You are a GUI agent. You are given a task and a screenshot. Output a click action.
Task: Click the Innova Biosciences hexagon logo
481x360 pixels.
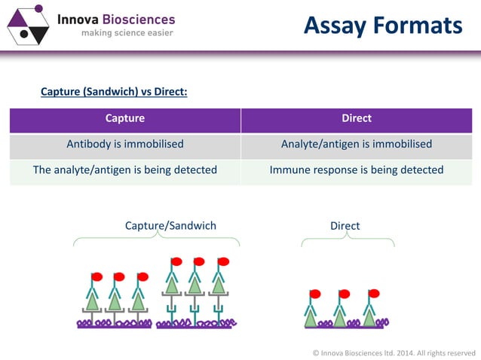(27, 24)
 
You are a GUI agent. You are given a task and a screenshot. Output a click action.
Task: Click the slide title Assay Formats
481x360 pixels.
(382, 26)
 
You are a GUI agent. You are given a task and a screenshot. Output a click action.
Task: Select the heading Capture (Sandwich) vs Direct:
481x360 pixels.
(113, 92)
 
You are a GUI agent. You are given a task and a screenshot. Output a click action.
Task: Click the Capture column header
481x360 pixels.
(125, 118)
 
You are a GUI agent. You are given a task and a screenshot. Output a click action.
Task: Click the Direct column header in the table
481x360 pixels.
(357, 118)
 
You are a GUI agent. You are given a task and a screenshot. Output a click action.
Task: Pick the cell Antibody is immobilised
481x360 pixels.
(125, 144)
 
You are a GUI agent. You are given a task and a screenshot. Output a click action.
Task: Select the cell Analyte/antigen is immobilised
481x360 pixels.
(357, 144)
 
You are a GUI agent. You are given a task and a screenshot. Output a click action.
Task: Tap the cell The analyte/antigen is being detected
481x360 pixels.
(125, 169)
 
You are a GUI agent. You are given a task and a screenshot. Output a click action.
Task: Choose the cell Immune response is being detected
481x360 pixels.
(357, 169)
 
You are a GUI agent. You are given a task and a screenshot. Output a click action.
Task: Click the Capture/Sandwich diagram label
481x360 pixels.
(170, 225)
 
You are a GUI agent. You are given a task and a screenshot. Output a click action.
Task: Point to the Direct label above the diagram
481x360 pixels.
(345, 225)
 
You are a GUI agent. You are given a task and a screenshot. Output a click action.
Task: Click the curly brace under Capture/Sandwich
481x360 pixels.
(157, 240)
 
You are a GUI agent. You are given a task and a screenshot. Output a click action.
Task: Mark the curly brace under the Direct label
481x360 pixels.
(348, 240)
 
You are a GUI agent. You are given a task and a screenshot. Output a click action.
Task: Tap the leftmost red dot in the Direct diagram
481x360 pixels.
(315, 294)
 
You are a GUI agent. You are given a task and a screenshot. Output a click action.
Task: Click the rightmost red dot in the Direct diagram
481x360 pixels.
(373, 293)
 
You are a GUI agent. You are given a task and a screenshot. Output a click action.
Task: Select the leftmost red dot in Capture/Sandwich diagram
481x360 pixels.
(97, 276)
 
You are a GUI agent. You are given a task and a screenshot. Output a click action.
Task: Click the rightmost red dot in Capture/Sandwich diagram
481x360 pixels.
(223, 262)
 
